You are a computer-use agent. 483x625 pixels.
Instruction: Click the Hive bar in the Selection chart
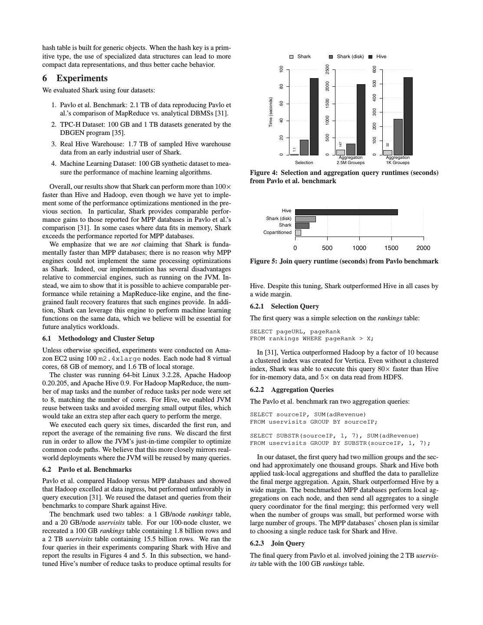(x=314, y=116)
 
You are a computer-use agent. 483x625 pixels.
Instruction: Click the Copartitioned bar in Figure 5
(x=298, y=233)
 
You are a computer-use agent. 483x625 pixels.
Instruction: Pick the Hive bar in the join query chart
(x=346, y=212)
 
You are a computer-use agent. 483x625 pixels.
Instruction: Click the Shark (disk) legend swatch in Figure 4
(x=331, y=57)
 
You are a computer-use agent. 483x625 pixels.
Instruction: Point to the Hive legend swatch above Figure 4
(x=370, y=57)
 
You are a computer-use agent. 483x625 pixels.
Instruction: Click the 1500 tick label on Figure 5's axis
(x=391, y=248)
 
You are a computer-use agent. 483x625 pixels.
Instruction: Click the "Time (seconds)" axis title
(x=270, y=112)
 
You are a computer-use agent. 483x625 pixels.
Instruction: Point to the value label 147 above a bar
(x=341, y=144)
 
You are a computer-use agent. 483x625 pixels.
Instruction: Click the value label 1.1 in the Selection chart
(x=294, y=150)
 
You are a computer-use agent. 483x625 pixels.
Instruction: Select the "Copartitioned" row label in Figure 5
(x=277, y=233)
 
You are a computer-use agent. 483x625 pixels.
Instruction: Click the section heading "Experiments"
(x=82, y=78)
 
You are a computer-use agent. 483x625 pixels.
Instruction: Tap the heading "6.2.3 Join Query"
(x=277, y=543)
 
